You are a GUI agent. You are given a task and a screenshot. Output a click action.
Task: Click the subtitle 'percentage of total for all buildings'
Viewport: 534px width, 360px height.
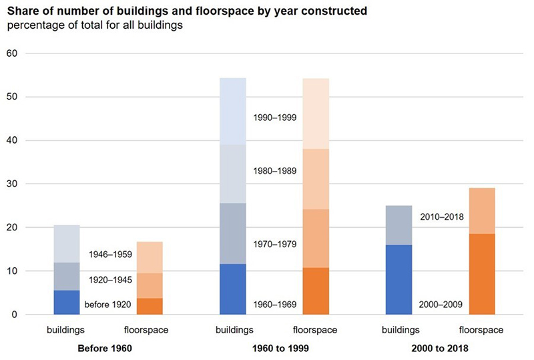pyautogui.click(x=97, y=25)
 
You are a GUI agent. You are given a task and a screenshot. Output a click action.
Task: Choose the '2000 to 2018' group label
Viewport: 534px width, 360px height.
pyautogui.click(x=440, y=348)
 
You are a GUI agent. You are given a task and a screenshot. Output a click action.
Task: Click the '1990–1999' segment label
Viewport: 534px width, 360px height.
pyautogui.click(x=274, y=118)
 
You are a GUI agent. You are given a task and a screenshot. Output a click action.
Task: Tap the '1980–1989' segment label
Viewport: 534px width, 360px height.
pyautogui.click(x=274, y=171)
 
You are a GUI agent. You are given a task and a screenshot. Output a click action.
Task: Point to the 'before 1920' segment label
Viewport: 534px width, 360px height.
pyautogui.click(x=107, y=305)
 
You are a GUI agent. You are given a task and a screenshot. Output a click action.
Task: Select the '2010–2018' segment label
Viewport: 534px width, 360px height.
pyautogui.click(x=441, y=217)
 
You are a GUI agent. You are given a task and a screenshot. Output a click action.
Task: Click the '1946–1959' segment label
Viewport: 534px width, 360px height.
pyautogui.click(x=110, y=254)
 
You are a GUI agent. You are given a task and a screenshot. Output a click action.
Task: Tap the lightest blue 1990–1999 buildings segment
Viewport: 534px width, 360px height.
pyautogui.click(x=232, y=111)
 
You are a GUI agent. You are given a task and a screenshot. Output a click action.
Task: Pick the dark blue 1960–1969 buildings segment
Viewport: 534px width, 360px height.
pyautogui.click(x=232, y=289)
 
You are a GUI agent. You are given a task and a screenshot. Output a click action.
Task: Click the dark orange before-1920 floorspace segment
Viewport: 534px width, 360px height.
pyautogui.click(x=150, y=306)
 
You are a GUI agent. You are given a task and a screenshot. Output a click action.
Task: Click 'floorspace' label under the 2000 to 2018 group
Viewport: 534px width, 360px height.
pyautogui.click(x=481, y=330)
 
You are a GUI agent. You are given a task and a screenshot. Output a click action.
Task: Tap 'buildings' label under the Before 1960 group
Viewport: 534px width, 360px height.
pyautogui.click(x=66, y=330)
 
